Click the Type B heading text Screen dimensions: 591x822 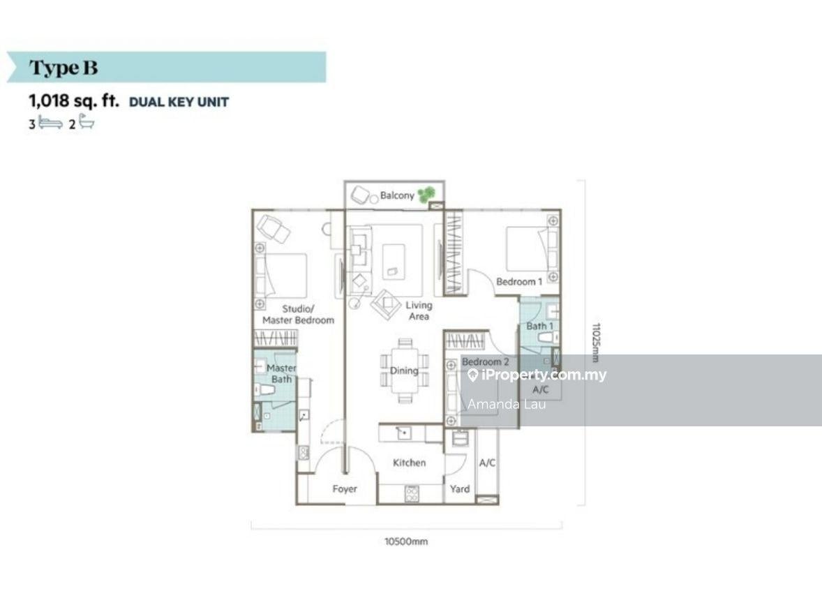click(63, 68)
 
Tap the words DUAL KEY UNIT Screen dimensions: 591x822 click(179, 102)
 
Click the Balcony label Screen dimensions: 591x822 click(397, 195)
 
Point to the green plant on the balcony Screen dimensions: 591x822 click(426, 193)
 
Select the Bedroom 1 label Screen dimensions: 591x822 click(519, 282)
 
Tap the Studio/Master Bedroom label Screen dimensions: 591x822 click(298, 314)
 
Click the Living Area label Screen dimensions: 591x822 click(419, 311)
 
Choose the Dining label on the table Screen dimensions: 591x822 click(404, 371)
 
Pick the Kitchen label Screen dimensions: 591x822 click(409, 463)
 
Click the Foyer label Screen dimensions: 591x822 click(345, 489)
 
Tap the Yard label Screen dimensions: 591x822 click(460, 489)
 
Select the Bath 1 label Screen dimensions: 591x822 click(540, 326)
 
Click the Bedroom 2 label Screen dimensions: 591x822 click(486, 362)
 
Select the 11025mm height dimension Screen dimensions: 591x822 click(595, 342)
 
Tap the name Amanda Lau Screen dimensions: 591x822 click(507, 404)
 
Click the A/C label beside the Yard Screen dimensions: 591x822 click(486, 463)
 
